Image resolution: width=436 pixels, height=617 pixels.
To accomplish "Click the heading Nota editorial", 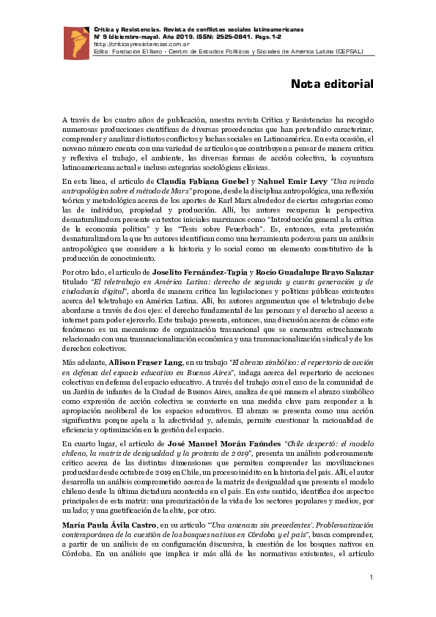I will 333,84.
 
